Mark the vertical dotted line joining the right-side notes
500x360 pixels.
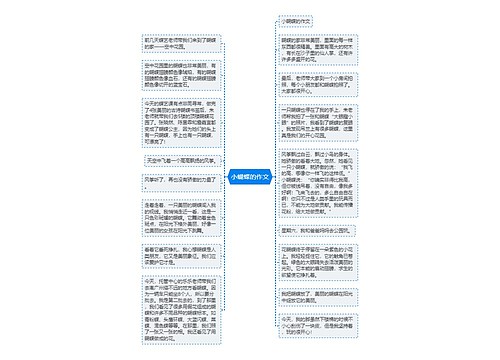(271, 180)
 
